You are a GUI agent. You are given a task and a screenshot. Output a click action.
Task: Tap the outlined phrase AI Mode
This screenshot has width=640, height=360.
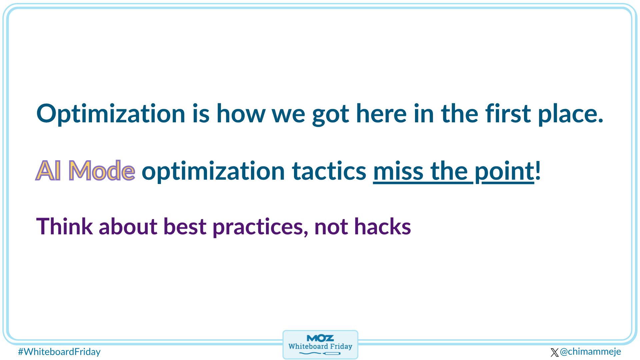point(85,171)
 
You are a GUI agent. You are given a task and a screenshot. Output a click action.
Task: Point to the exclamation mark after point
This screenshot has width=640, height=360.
point(537,171)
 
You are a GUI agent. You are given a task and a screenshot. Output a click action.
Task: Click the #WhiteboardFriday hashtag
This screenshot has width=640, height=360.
point(59,352)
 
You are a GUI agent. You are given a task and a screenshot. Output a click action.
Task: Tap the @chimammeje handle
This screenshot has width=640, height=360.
point(590,351)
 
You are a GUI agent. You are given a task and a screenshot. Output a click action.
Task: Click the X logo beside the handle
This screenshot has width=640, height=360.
point(554,352)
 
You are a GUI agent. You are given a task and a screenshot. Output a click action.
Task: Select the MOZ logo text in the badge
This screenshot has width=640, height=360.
point(320,338)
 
